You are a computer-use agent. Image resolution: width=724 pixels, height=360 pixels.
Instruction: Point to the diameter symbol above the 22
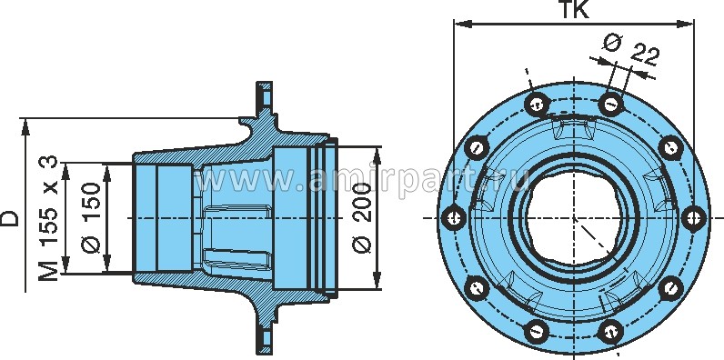click(x=612, y=41)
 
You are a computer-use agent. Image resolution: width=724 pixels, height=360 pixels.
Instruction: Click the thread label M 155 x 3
click(x=49, y=218)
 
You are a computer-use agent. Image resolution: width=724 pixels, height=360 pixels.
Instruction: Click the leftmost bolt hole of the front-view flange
click(x=454, y=217)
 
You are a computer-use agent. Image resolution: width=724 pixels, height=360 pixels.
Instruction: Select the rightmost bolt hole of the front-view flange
click(x=694, y=217)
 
